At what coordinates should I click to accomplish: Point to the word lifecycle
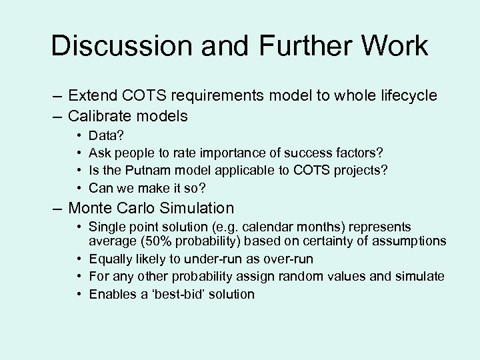407,96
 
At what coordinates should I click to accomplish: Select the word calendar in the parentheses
267,227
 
